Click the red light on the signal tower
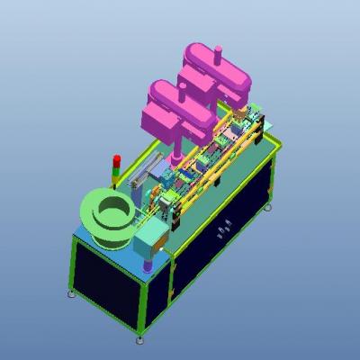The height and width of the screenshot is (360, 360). point(115,159)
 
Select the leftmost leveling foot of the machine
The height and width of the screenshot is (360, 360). point(72,293)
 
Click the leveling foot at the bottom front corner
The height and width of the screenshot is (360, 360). point(139,338)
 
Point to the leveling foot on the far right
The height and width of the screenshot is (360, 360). point(267,208)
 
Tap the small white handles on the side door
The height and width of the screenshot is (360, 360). point(224,229)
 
